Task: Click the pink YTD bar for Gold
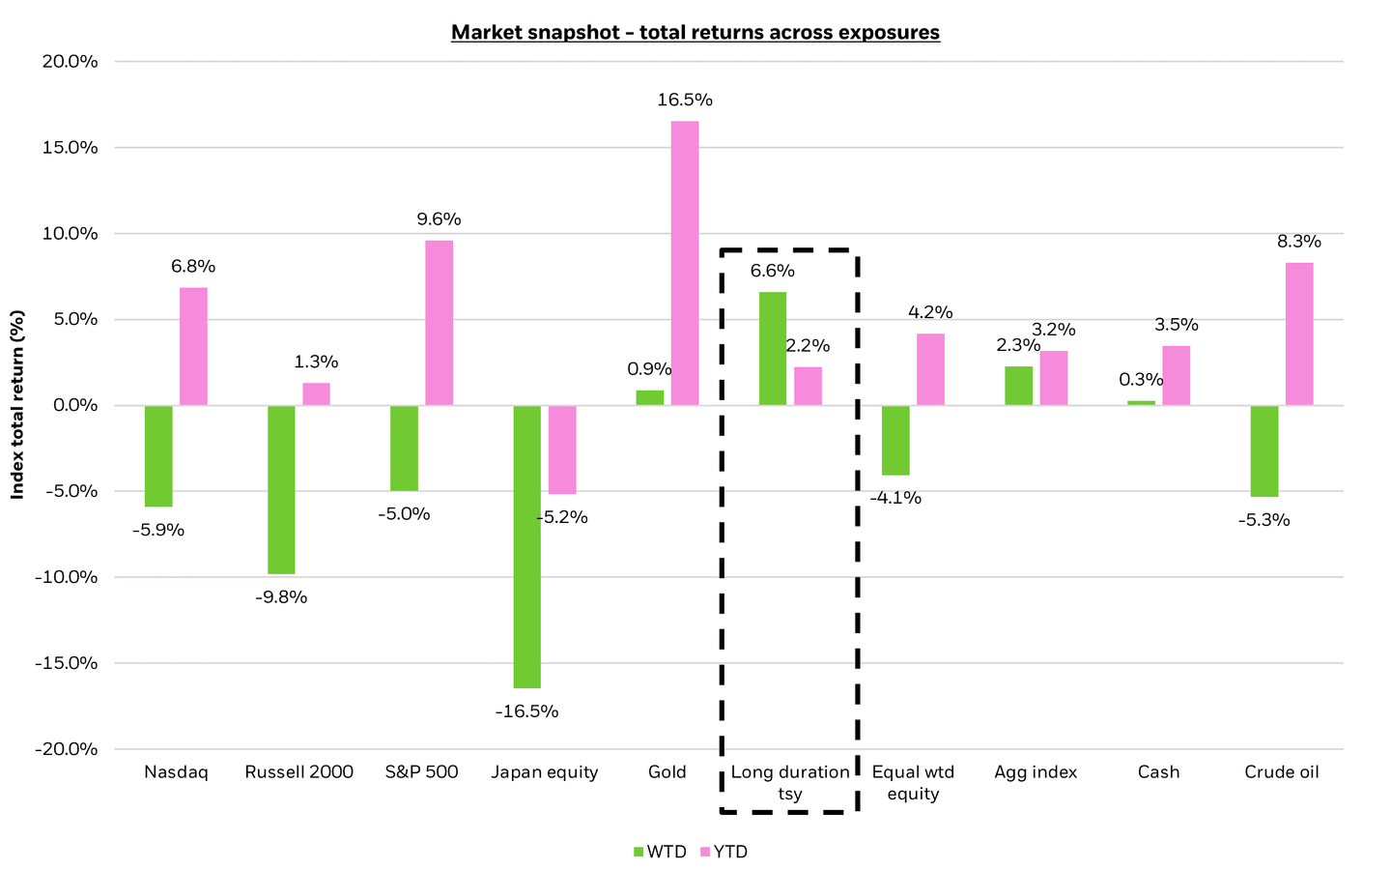pyautogui.click(x=685, y=263)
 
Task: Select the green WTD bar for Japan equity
pyautogui.click(x=526, y=546)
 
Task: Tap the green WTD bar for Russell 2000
pyautogui.click(x=281, y=489)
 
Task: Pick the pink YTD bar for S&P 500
pyautogui.click(x=440, y=323)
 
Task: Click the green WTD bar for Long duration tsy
pyautogui.click(x=773, y=349)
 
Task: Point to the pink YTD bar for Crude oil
pyautogui.click(x=1299, y=333)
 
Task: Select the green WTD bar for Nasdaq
pyautogui.click(x=158, y=455)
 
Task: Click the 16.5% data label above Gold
pyautogui.click(x=685, y=100)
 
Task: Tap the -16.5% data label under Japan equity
pyautogui.click(x=526, y=711)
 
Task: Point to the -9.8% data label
pyautogui.click(x=281, y=597)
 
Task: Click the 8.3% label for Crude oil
pyautogui.click(x=1299, y=242)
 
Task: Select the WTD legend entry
pyautogui.click(x=659, y=852)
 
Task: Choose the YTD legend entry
pyautogui.click(x=724, y=852)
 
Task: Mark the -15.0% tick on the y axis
pyautogui.click(x=69, y=663)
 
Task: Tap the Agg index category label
pyautogui.click(x=1036, y=771)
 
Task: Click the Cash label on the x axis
pyautogui.click(x=1158, y=771)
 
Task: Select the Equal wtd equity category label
pyautogui.click(x=913, y=782)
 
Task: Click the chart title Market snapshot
pyautogui.click(x=695, y=32)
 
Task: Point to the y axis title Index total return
pyautogui.click(x=16, y=405)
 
